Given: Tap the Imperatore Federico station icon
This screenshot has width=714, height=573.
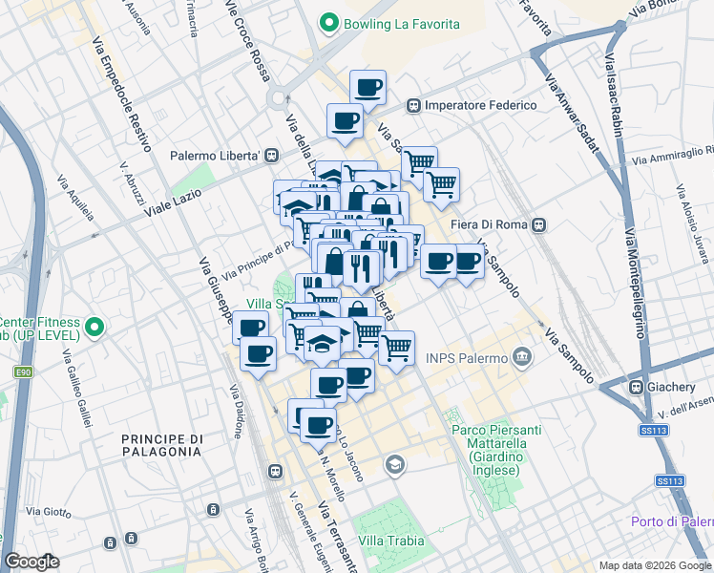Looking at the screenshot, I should pos(414,105).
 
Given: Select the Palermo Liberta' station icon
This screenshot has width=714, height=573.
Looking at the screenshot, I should pos(272,155).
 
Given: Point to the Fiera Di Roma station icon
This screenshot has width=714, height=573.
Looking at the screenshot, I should pos(539,224).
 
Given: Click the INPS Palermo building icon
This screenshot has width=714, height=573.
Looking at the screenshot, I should pos(521,358).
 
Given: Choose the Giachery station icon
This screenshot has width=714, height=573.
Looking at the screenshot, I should pos(635,388).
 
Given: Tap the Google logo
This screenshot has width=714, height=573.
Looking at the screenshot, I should pos(31,562).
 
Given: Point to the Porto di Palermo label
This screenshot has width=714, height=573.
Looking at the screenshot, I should pos(672,521).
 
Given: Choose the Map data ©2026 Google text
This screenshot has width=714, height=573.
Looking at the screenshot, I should pos(655,565).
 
